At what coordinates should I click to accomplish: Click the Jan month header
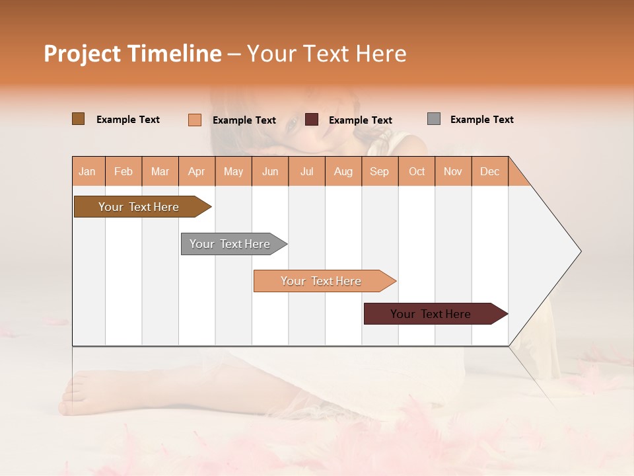click(x=87, y=171)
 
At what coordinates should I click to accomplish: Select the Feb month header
click(x=123, y=171)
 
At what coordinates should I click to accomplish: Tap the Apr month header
click(x=196, y=171)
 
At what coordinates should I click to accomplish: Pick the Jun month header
click(x=270, y=171)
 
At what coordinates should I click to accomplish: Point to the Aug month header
click(x=343, y=171)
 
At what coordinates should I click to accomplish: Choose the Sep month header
click(x=379, y=171)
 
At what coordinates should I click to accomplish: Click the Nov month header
click(x=452, y=171)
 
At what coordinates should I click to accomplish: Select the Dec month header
click(x=489, y=171)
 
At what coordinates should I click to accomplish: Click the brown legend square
click(x=78, y=119)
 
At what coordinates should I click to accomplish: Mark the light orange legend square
click(x=194, y=120)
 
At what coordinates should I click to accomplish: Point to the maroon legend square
click(x=312, y=120)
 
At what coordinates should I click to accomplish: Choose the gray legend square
click(x=433, y=119)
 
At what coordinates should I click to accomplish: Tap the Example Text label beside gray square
click(x=481, y=120)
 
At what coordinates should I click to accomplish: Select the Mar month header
click(x=160, y=171)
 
